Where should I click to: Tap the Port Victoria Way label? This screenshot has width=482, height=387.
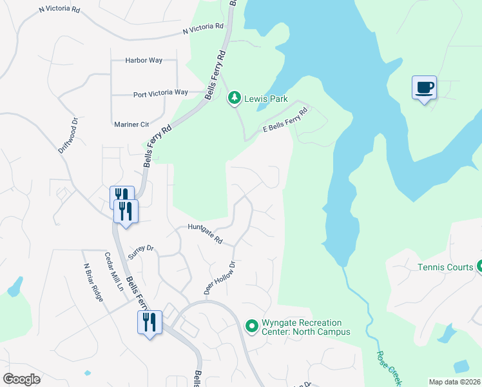click(160, 94)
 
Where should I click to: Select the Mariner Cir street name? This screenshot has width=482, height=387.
click(131, 124)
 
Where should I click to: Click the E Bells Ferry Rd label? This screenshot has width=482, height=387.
click(285, 120)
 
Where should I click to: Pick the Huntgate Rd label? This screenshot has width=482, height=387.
click(205, 233)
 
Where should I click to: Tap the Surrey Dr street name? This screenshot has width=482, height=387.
click(141, 251)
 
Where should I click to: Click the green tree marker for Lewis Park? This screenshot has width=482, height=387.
click(235, 99)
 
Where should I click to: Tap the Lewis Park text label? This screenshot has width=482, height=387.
click(265, 99)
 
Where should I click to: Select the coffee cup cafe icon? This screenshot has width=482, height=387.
click(424, 88)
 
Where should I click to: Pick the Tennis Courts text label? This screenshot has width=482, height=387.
click(445, 267)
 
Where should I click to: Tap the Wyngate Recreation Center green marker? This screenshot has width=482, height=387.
click(251, 327)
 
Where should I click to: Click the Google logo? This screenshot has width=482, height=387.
click(21, 379)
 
